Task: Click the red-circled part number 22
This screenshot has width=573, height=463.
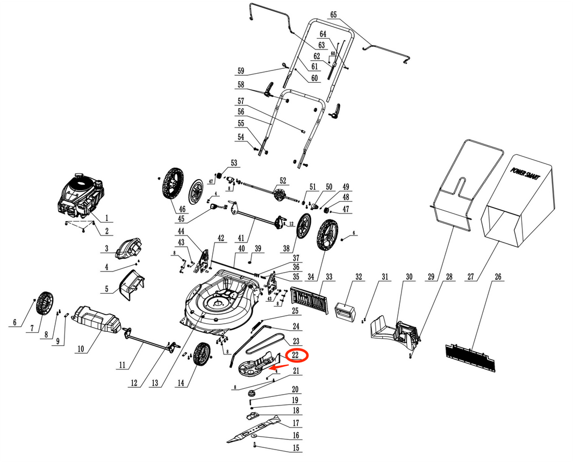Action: [x=295, y=355]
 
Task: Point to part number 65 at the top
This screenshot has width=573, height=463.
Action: [x=333, y=15]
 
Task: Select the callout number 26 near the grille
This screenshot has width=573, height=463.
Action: [x=497, y=277]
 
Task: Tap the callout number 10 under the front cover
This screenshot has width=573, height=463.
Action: [x=80, y=349]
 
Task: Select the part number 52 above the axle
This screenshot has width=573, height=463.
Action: [x=283, y=181]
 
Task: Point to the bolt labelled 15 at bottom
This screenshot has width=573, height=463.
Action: [x=254, y=444]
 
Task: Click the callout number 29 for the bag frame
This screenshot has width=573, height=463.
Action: [x=429, y=277]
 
